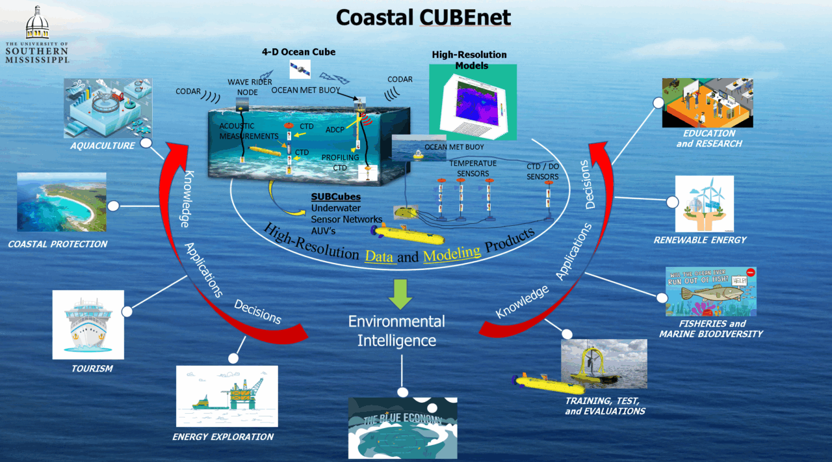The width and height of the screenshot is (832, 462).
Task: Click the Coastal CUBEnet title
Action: click(x=423, y=18)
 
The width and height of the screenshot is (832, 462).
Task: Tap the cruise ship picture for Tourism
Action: click(x=88, y=324)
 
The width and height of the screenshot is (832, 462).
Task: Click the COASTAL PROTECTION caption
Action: click(x=58, y=244)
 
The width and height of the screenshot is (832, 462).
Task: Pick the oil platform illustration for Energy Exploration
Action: click(x=227, y=396)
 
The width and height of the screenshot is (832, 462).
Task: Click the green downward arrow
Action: click(x=400, y=293)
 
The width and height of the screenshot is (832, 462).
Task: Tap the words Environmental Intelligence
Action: click(x=396, y=331)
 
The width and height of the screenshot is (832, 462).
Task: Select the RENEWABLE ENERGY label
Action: click(x=700, y=240)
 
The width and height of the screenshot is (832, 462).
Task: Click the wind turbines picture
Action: click(x=705, y=204)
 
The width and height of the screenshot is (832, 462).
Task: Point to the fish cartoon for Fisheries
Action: click(x=710, y=291)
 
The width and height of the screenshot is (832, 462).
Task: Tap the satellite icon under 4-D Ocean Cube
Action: click(x=300, y=68)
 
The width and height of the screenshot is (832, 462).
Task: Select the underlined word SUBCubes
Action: click(x=335, y=197)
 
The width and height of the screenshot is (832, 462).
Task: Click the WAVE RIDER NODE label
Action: click(x=249, y=87)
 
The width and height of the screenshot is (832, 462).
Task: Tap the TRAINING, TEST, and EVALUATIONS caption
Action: click(x=604, y=406)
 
